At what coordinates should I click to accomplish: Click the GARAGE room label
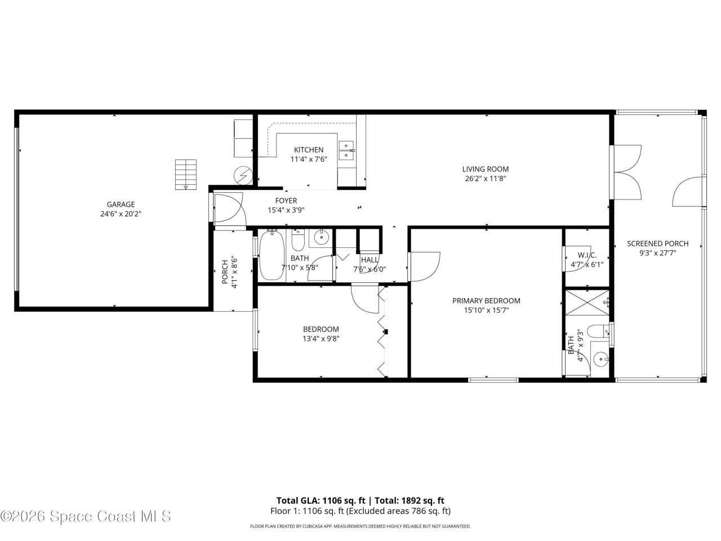point(121,205)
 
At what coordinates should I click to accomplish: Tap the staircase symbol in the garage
point(185,175)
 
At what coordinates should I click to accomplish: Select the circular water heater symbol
point(243,176)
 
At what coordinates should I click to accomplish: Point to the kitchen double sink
point(346,150)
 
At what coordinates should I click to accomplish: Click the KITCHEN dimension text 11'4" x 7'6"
point(309,159)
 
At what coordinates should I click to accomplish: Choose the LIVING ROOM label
point(486,169)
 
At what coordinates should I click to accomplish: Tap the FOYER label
point(286,201)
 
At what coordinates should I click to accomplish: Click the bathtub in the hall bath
point(272,255)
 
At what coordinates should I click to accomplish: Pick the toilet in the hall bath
point(298,241)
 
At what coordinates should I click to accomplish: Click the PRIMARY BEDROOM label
point(486,300)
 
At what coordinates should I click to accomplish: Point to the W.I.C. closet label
point(587,255)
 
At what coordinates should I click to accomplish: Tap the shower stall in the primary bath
point(587,302)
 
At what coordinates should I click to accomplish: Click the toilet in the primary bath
point(598,331)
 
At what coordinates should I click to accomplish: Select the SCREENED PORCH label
point(657,243)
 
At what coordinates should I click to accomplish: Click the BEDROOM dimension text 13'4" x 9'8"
point(321,339)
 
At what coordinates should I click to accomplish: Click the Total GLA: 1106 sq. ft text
point(321,500)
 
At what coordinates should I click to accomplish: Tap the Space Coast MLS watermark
point(86,516)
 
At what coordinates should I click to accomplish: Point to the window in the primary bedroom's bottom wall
point(493,380)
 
